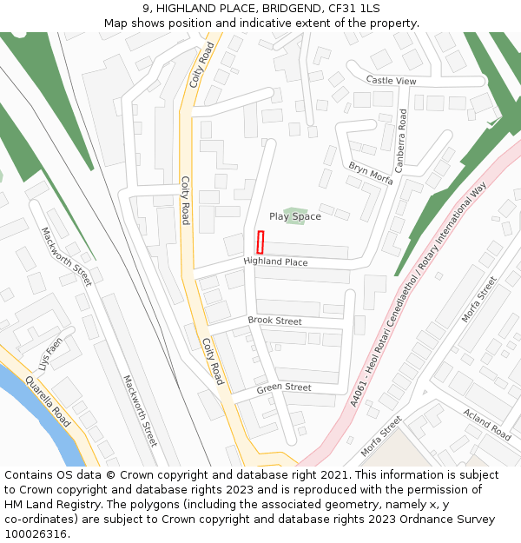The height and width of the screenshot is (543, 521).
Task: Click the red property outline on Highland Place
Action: coord(260,242)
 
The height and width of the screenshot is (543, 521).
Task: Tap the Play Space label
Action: coord(294,216)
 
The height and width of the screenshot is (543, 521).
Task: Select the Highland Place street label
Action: coord(275,262)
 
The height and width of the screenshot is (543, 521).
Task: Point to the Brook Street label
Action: coord(274,321)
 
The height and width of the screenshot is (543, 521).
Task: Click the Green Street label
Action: coord(283,387)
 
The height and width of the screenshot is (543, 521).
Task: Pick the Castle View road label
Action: coord(391,81)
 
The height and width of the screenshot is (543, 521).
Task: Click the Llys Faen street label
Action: coord(51,351)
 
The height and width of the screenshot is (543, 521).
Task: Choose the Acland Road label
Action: coord(487,424)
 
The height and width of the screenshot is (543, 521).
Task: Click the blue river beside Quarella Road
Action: coord(35,408)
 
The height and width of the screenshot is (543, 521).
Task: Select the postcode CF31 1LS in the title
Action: coord(354,9)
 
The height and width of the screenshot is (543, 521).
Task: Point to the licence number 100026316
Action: coord(36,534)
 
